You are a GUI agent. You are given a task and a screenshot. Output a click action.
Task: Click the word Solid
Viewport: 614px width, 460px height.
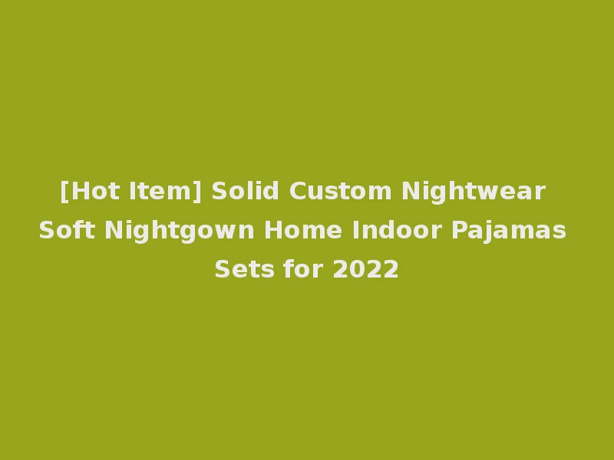click(x=246, y=190)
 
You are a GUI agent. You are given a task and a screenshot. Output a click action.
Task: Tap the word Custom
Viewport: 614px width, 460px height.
click(x=342, y=190)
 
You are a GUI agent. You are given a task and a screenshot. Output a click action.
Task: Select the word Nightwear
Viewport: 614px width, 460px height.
click(x=474, y=190)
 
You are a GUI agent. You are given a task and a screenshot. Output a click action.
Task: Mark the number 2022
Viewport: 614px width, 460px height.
click(x=366, y=270)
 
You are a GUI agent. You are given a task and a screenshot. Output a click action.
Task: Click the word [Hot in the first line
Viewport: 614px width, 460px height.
click(x=87, y=190)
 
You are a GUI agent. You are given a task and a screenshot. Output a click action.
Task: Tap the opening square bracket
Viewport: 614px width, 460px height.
click(x=64, y=191)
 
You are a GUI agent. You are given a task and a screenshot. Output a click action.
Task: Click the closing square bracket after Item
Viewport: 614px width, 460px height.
click(x=199, y=191)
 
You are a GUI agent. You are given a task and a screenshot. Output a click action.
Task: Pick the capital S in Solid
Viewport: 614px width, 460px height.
click(x=220, y=190)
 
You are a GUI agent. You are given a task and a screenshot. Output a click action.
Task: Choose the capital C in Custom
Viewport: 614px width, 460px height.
click(x=299, y=190)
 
